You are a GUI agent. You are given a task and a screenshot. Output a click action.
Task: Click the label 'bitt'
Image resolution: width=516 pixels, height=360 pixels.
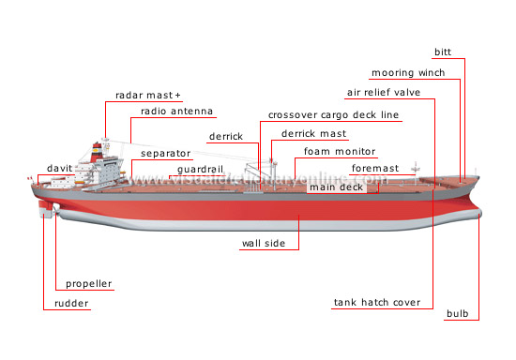[442, 52]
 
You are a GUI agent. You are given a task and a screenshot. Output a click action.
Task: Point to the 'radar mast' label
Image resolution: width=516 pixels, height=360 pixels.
[148, 96]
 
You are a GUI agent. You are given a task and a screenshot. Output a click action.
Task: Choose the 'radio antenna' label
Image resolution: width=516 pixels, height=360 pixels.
[176, 112]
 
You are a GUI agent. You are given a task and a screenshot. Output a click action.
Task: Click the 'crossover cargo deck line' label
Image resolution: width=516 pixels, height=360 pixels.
[333, 115]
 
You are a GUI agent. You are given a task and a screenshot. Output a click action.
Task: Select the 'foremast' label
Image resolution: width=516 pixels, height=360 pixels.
[374, 169]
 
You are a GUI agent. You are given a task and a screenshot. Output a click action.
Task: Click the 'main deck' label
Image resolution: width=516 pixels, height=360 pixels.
[335, 187]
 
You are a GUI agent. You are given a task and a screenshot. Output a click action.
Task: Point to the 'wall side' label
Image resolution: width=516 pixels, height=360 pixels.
[264, 244]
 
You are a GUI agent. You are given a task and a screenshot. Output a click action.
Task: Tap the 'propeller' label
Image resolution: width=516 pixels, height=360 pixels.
[88, 284]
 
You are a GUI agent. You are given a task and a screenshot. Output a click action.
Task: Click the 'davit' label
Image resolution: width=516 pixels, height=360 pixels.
[60, 169]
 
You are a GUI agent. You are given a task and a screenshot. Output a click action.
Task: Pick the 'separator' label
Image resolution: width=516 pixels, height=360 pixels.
[166, 153]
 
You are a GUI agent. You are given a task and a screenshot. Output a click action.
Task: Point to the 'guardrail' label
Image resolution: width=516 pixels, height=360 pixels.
[194, 170]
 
